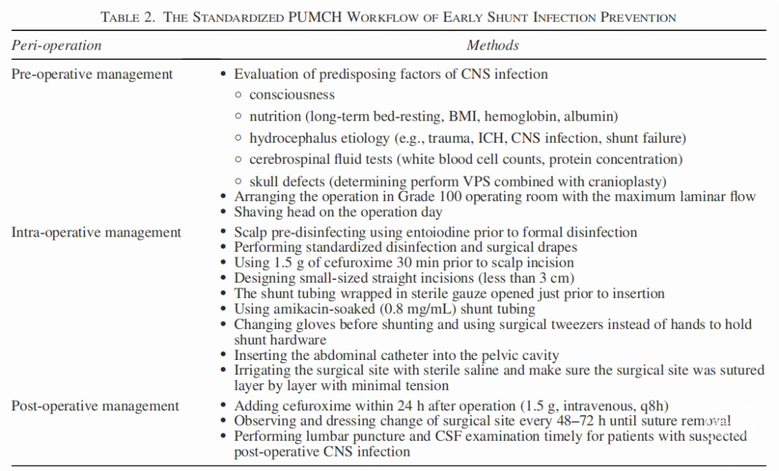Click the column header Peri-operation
pyautogui.click(x=56, y=45)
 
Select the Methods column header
pyautogui.click(x=493, y=45)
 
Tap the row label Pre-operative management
pyautogui.click(x=92, y=74)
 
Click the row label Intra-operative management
pyautogui.click(x=97, y=232)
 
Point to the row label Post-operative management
pyautogui.click(x=95, y=406)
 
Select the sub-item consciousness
pyautogui.click(x=292, y=94)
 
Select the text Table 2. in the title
pyautogui.click(x=128, y=17)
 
